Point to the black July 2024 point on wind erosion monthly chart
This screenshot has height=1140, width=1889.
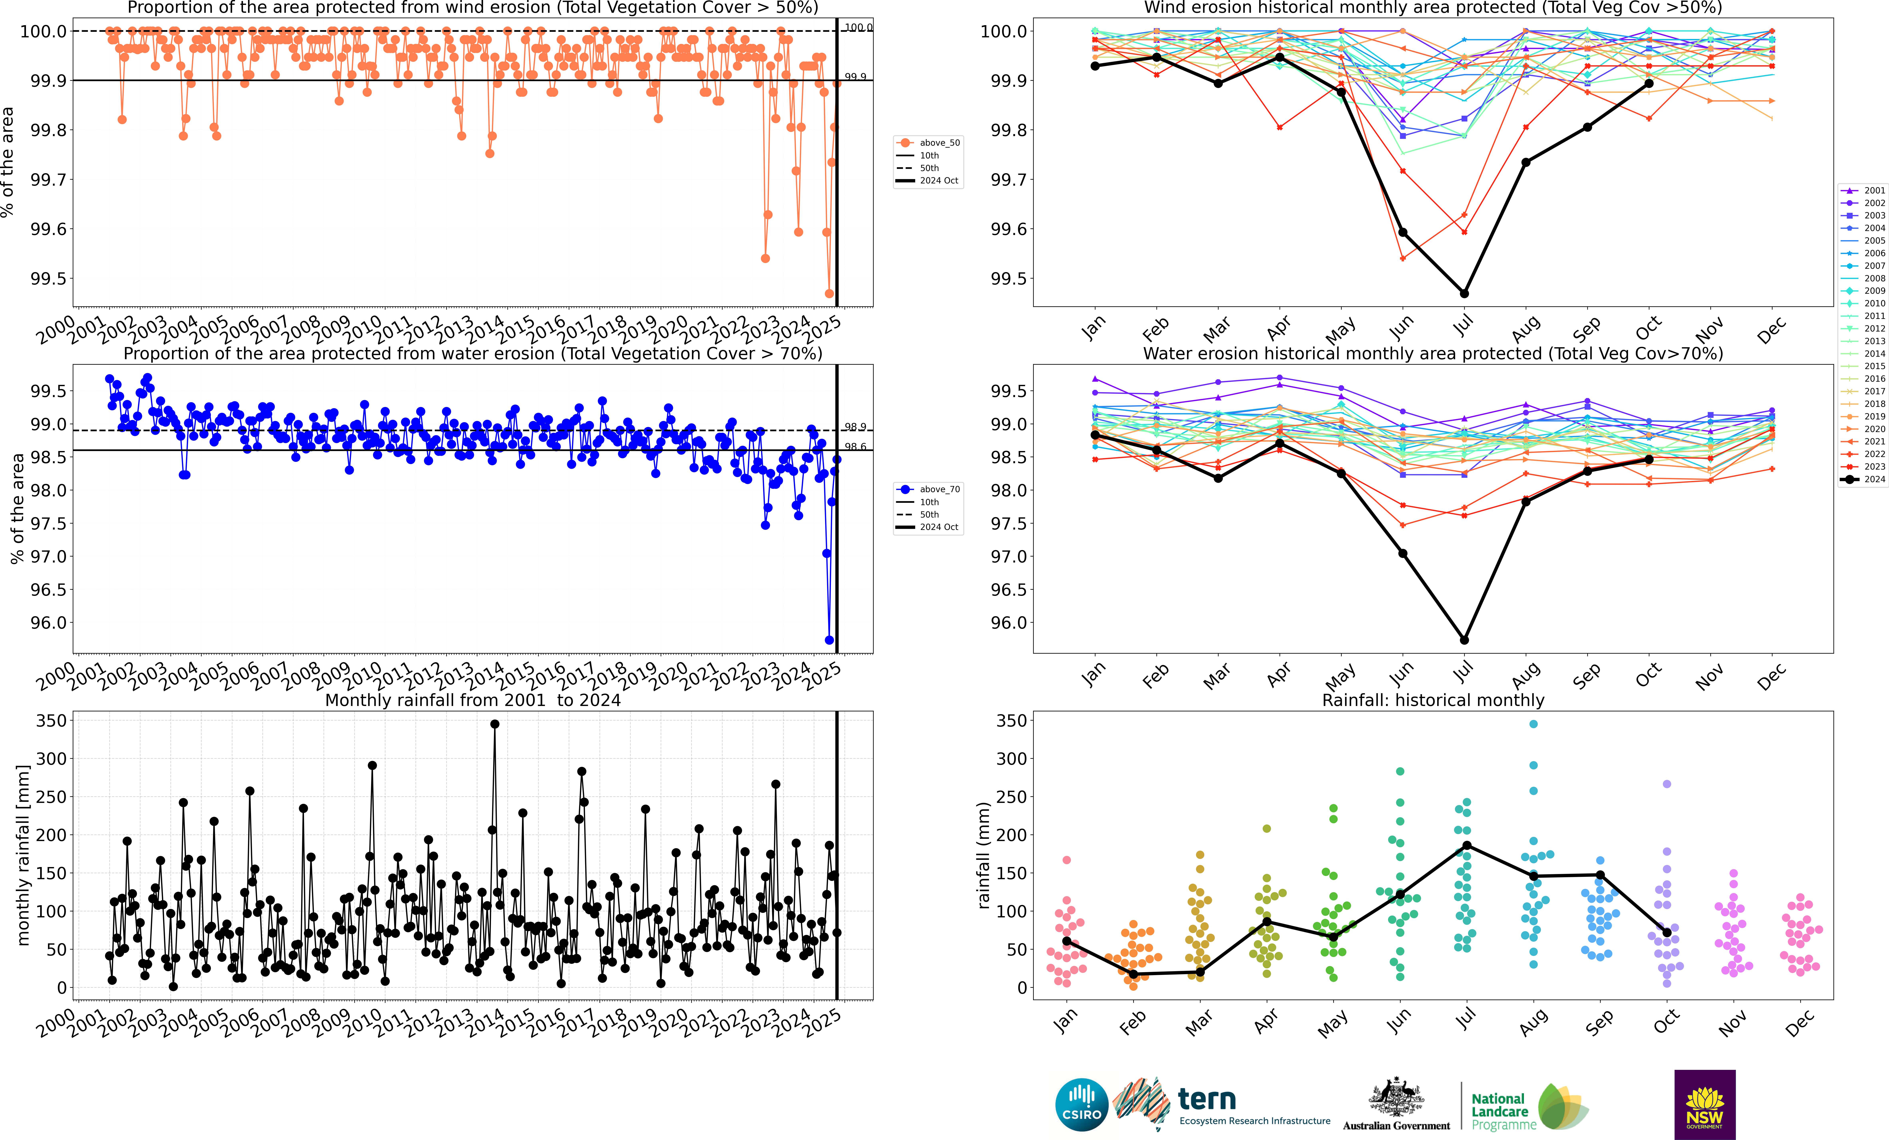[1464, 294]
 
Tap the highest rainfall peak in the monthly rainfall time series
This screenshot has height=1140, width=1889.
[495, 724]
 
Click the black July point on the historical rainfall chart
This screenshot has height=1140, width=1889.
[1467, 846]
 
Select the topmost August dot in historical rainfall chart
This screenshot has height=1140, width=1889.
[1533, 724]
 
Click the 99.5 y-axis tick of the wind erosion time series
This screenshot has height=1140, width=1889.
[46, 278]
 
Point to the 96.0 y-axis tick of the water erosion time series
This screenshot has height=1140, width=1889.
[46, 622]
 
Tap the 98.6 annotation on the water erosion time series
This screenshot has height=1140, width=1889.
[855, 447]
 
